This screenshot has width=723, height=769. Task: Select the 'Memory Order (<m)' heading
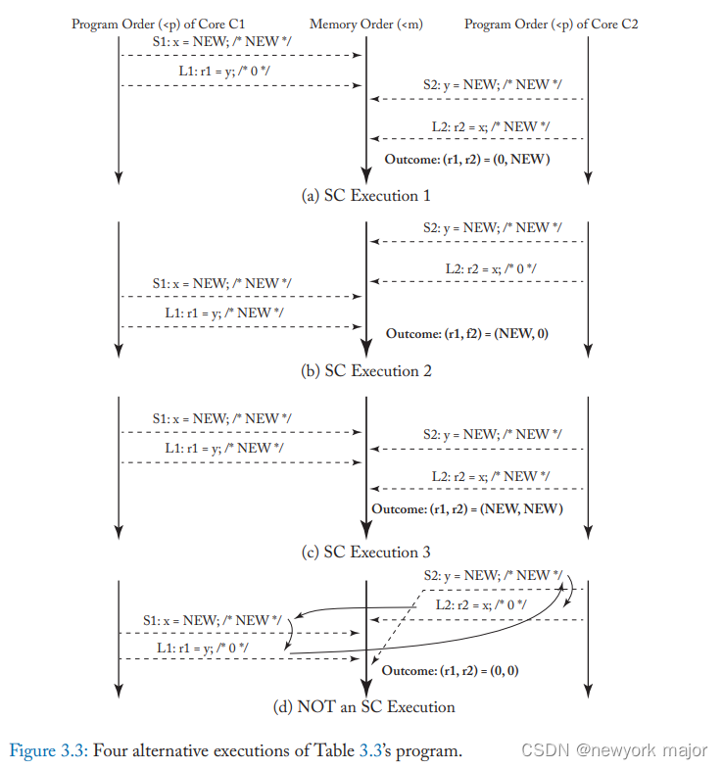[365, 24]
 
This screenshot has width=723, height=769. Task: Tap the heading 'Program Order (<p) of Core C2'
[551, 24]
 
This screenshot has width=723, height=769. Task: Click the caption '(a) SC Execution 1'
[365, 196]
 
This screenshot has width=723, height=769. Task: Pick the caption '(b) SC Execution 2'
[365, 371]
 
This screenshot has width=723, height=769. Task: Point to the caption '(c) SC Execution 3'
[365, 553]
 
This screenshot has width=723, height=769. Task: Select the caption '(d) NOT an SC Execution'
[365, 706]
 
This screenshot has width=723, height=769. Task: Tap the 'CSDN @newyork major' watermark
[613, 751]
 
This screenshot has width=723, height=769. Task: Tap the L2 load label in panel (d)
[480, 605]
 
